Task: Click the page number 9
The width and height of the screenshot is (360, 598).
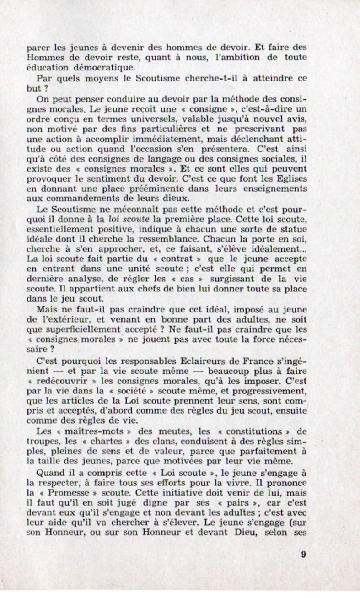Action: pyautogui.click(x=304, y=554)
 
